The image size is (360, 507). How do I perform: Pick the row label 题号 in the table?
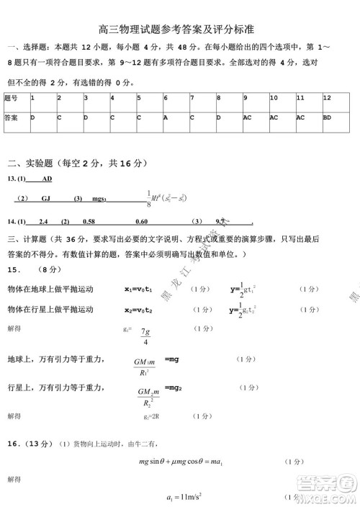[11, 97]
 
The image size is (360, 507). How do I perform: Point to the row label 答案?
[11, 116]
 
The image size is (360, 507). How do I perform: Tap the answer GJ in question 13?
[45, 198]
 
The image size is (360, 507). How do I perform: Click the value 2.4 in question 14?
[42, 222]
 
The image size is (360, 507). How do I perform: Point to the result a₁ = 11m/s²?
[182, 498]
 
